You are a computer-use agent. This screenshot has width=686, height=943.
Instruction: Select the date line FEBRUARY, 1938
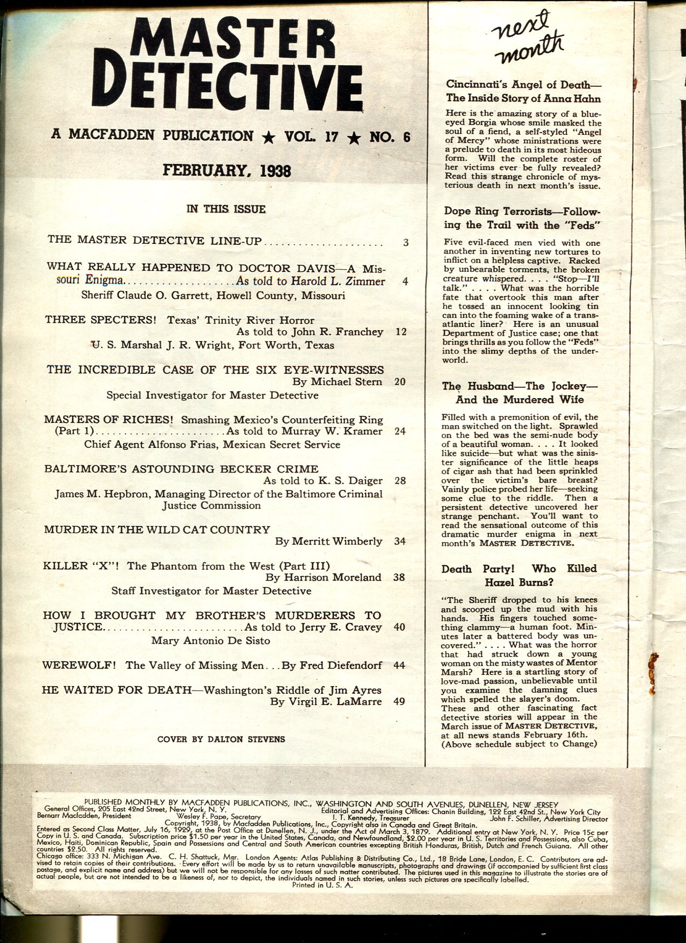coord(227,171)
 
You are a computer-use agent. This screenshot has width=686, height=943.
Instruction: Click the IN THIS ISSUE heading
coord(226,209)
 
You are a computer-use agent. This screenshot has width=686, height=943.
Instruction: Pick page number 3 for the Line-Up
coord(405,242)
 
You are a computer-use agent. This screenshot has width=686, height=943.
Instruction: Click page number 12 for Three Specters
coord(400,332)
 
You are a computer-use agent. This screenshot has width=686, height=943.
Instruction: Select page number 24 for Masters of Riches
coord(400,431)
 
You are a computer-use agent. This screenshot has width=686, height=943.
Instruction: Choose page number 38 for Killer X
coord(400,577)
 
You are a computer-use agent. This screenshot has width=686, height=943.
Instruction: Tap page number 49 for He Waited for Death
coord(400,702)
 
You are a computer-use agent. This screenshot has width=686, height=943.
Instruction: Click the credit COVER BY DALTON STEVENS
coord(221,739)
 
